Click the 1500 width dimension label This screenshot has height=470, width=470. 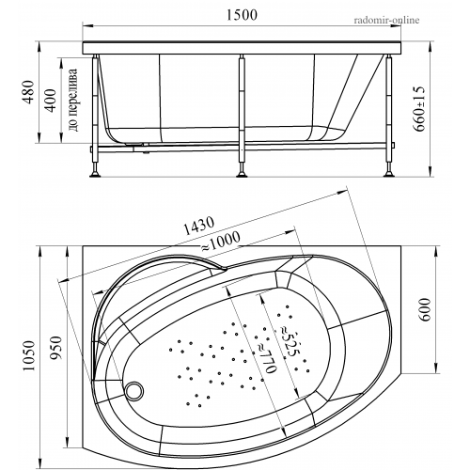coord(242,15)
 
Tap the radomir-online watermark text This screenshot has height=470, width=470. coord(386,21)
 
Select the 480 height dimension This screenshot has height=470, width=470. coord(29,92)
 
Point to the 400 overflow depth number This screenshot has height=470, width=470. coord(50,100)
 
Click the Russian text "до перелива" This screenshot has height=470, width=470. coord(72,100)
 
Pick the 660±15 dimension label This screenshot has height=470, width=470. coord(419,109)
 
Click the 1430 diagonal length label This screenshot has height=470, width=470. coord(198,226)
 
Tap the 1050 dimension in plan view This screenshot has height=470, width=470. coord(30,355)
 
